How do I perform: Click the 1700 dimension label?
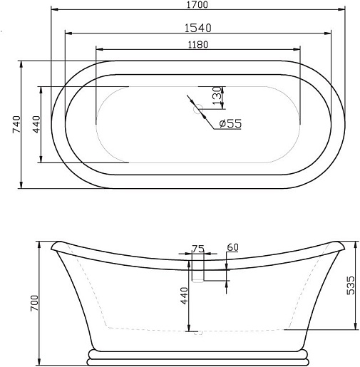tap(197, 4)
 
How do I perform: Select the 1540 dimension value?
tap(198, 28)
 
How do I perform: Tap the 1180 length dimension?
tap(198, 44)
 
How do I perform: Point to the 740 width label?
tap(16, 124)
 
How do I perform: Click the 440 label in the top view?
tap(36, 124)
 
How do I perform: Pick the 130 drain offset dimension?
tap(217, 95)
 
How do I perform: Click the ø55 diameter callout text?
tap(230, 123)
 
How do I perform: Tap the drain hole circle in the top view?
tap(198, 109)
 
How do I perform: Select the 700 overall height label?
tap(34, 303)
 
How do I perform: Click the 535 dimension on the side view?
tap(350, 285)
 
